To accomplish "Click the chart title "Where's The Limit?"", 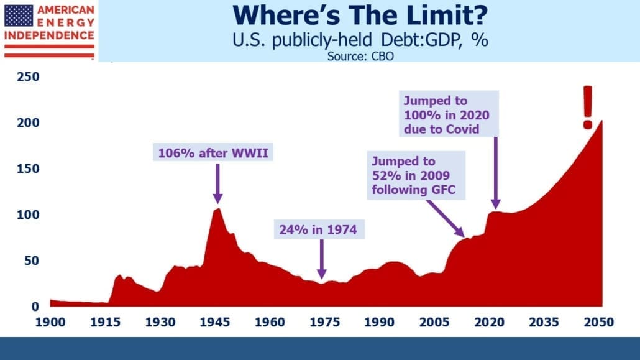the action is point(360,16).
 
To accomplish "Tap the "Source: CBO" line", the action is point(360,57).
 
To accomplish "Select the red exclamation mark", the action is point(588,108).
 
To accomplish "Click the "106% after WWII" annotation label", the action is point(213,152).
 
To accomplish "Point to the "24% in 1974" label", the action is point(318,229).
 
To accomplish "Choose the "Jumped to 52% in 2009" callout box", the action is point(416,175).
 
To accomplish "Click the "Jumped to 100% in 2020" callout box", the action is point(449,114).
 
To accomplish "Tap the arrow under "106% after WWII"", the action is point(218,183).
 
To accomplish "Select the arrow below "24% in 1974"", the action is point(322,259).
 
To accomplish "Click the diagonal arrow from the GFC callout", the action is point(446,219).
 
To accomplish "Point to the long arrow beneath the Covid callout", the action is point(496,173).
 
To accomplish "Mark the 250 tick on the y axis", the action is point(28,77).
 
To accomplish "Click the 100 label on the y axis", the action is point(28,215).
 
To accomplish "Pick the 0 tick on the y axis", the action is point(35,307).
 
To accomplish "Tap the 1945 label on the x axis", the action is point(215,323).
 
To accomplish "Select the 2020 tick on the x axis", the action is point(490,323).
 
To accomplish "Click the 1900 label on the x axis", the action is point(50,323).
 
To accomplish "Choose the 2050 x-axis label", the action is point(599,323).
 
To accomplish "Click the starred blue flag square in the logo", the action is point(19,16).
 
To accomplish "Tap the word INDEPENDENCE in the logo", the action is point(49,35).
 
